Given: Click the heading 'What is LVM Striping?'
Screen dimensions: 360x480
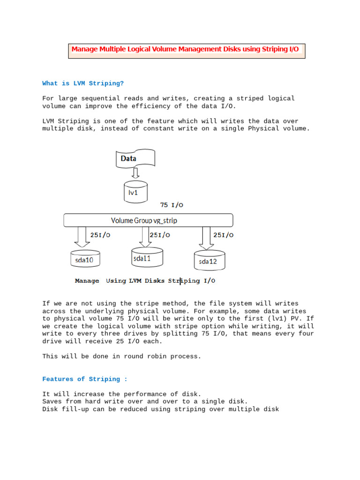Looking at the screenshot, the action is click(x=83, y=83).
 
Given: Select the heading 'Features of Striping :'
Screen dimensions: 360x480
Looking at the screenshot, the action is click(x=84, y=379).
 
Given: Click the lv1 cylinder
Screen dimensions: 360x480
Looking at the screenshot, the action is click(x=135, y=192).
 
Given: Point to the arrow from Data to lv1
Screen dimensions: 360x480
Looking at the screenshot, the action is click(x=135, y=174).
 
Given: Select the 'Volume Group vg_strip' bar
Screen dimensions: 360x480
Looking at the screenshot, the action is click(x=148, y=220).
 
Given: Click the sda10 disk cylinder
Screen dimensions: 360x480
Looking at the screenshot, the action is click(x=85, y=258).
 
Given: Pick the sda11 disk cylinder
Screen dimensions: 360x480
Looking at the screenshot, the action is click(x=147, y=257).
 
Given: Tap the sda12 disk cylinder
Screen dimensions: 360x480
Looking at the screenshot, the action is click(x=209, y=260).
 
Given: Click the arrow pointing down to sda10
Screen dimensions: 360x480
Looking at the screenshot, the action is click(x=82, y=237).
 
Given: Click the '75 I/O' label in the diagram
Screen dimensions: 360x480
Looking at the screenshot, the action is click(x=172, y=205).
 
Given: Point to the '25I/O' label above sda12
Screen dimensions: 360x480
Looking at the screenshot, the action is click(x=223, y=235).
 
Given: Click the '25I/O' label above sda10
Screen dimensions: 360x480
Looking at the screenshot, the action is click(x=100, y=235).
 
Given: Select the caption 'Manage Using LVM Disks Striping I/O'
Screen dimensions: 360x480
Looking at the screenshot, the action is click(x=145, y=281).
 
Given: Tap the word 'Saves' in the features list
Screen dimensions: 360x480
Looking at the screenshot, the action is click(x=52, y=402).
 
